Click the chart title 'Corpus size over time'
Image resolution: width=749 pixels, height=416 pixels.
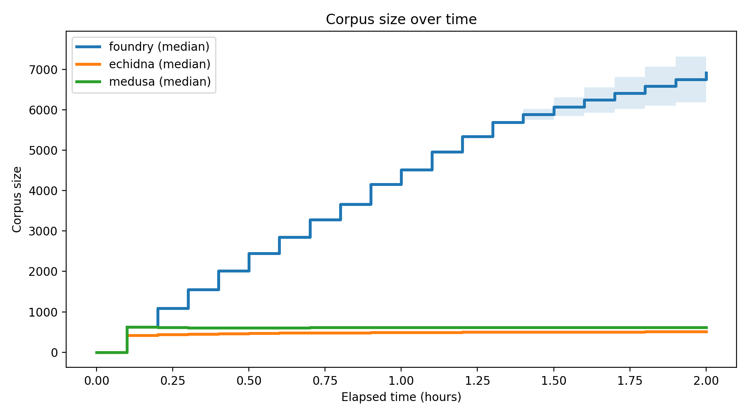pyautogui.click(x=401, y=20)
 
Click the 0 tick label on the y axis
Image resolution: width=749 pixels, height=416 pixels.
pyautogui.click(x=54, y=353)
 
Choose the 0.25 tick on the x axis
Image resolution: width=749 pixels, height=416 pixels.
pyautogui.click(x=172, y=381)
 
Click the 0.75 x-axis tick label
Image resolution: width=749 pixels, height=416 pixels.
pyautogui.click(x=325, y=381)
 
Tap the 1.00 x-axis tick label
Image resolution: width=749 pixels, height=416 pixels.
pyautogui.click(x=401, y=381)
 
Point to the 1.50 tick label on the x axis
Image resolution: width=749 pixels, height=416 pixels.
pyautogui.click(x=554, y=381)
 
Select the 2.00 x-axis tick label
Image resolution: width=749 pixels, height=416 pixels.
pyautogui.click(x=706, y=381)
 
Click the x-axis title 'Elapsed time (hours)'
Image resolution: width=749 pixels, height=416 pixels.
pyautogui.click(x=401, y=397)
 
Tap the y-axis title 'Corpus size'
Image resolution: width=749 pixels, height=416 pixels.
pyautogui.click(x=17, y=199)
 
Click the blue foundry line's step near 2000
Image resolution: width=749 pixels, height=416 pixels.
pyautogui.click(x=233, y=271)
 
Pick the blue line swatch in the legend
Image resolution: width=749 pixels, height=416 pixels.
pyautogui.click(x=88, y=47)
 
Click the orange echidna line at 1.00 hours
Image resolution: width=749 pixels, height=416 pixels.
pyautogui.click(x=401, y=332)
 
